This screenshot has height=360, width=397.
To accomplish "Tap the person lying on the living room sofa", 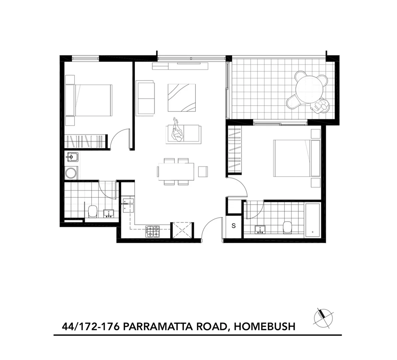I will coord(178,131).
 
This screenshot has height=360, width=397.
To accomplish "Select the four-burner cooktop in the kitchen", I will coord(153,231).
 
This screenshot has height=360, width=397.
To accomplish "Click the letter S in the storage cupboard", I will coord(233,226).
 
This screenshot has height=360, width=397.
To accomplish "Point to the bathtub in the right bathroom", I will coord(312,219).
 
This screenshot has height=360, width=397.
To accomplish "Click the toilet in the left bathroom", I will coord(92,211).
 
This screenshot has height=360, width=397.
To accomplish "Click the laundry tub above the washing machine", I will coord(72,156).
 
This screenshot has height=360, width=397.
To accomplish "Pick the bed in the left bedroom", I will coord(92,100).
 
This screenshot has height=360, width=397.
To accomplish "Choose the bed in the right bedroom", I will coord(293,158).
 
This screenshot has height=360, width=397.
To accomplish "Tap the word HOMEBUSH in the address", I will coord(264,326).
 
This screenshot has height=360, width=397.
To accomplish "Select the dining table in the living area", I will coord(176,171).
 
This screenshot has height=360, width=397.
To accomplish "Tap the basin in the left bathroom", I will coord(109,213).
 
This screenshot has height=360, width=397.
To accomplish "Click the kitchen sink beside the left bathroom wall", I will coord(128,204).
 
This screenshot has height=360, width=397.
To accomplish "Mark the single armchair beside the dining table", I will coord(203,171).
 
